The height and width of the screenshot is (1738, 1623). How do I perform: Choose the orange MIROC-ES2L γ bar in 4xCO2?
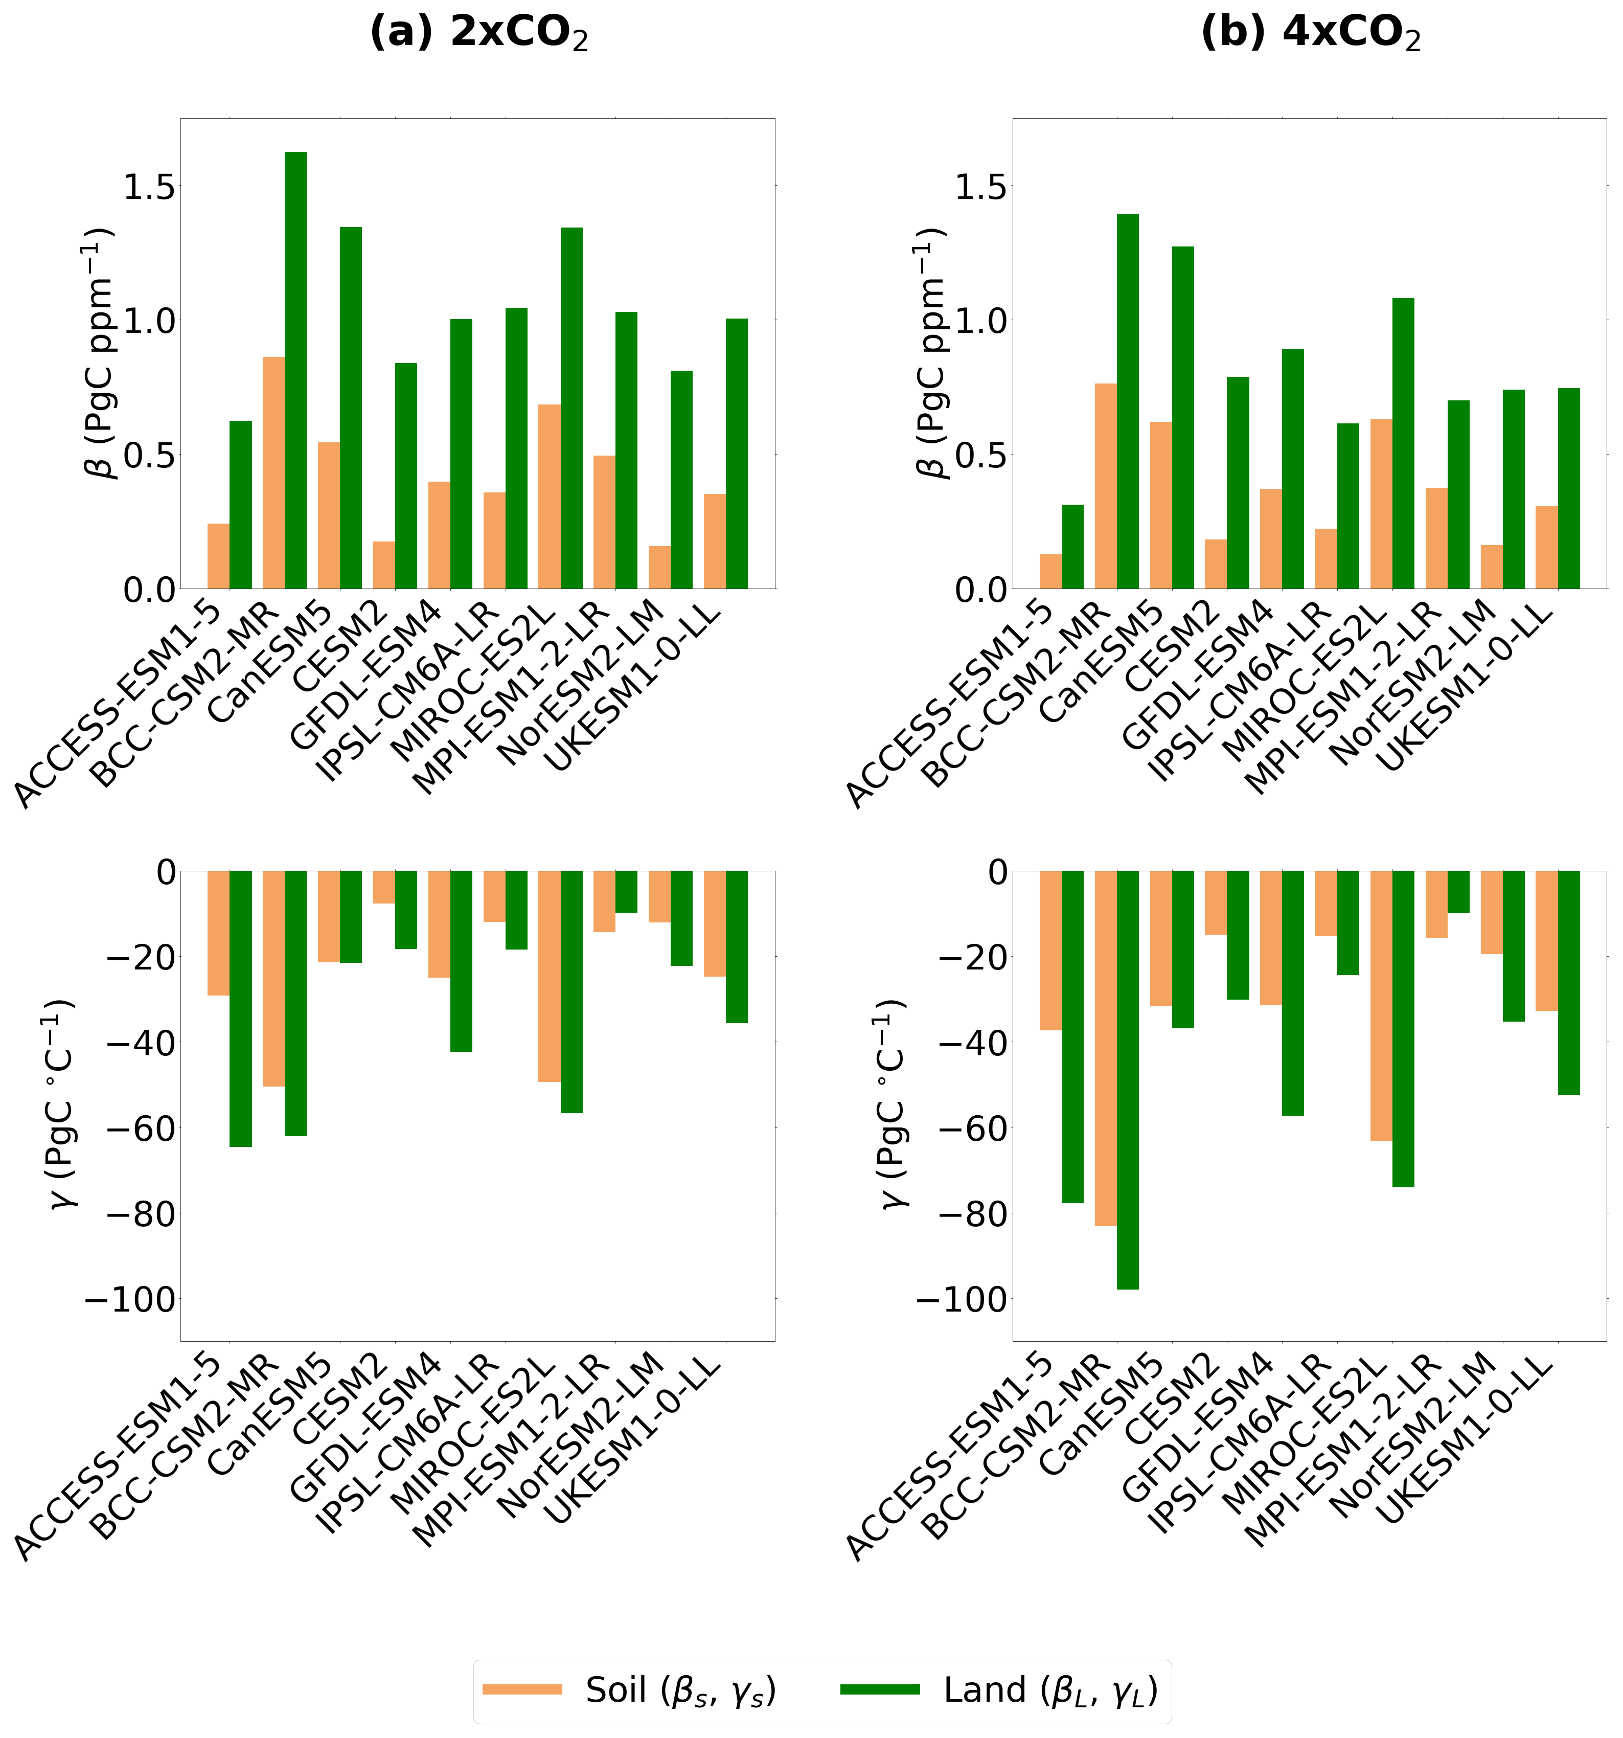1381,1005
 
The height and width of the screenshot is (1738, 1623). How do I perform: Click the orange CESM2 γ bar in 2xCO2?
384,887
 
